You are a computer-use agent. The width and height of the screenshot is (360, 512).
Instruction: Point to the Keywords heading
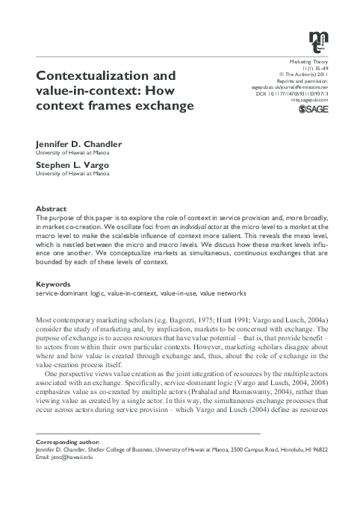coord(54,284)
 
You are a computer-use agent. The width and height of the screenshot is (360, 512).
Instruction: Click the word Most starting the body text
coord(46,320)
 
